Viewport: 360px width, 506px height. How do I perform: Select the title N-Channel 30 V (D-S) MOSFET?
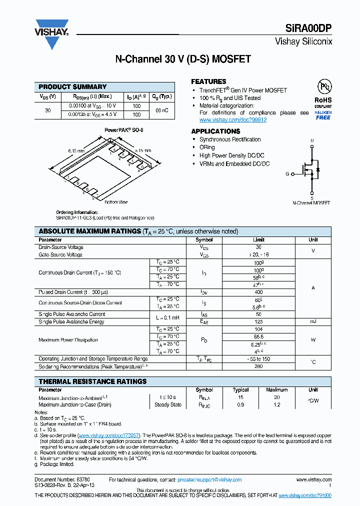pyautogui.click(x=183, y=59)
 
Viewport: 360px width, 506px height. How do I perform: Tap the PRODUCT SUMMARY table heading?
pyautogui.click(x=72, y=86)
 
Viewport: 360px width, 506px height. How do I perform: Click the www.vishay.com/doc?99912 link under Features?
pyautogui.click(x=232, y=120)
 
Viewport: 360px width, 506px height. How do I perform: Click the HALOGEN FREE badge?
pyautogui.click(x=323, y=115)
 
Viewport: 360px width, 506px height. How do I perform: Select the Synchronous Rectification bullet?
pyautogui.click(x=230, y=139)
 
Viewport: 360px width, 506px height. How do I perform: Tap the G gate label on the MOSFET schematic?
pyautogui.click(x=287, y=174)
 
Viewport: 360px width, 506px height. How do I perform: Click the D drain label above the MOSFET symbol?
pyautogui.click(x=312, y=141)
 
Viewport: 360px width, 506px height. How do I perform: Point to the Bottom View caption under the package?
pyautogui.click(x=116, y=202)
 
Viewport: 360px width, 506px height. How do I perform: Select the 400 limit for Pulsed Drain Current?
pyautogui.click(x=258, y=291)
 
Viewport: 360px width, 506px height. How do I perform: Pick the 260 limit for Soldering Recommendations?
pyautogui.click(x=258, y=366)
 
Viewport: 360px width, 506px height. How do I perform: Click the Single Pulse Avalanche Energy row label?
pyautogui.click(x=71, y=321)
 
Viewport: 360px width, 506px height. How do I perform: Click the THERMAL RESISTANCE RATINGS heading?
pyautogui.click(x=92, y=381)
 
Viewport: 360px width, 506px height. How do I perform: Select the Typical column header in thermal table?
pyautogui.click(x=241, y=390)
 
